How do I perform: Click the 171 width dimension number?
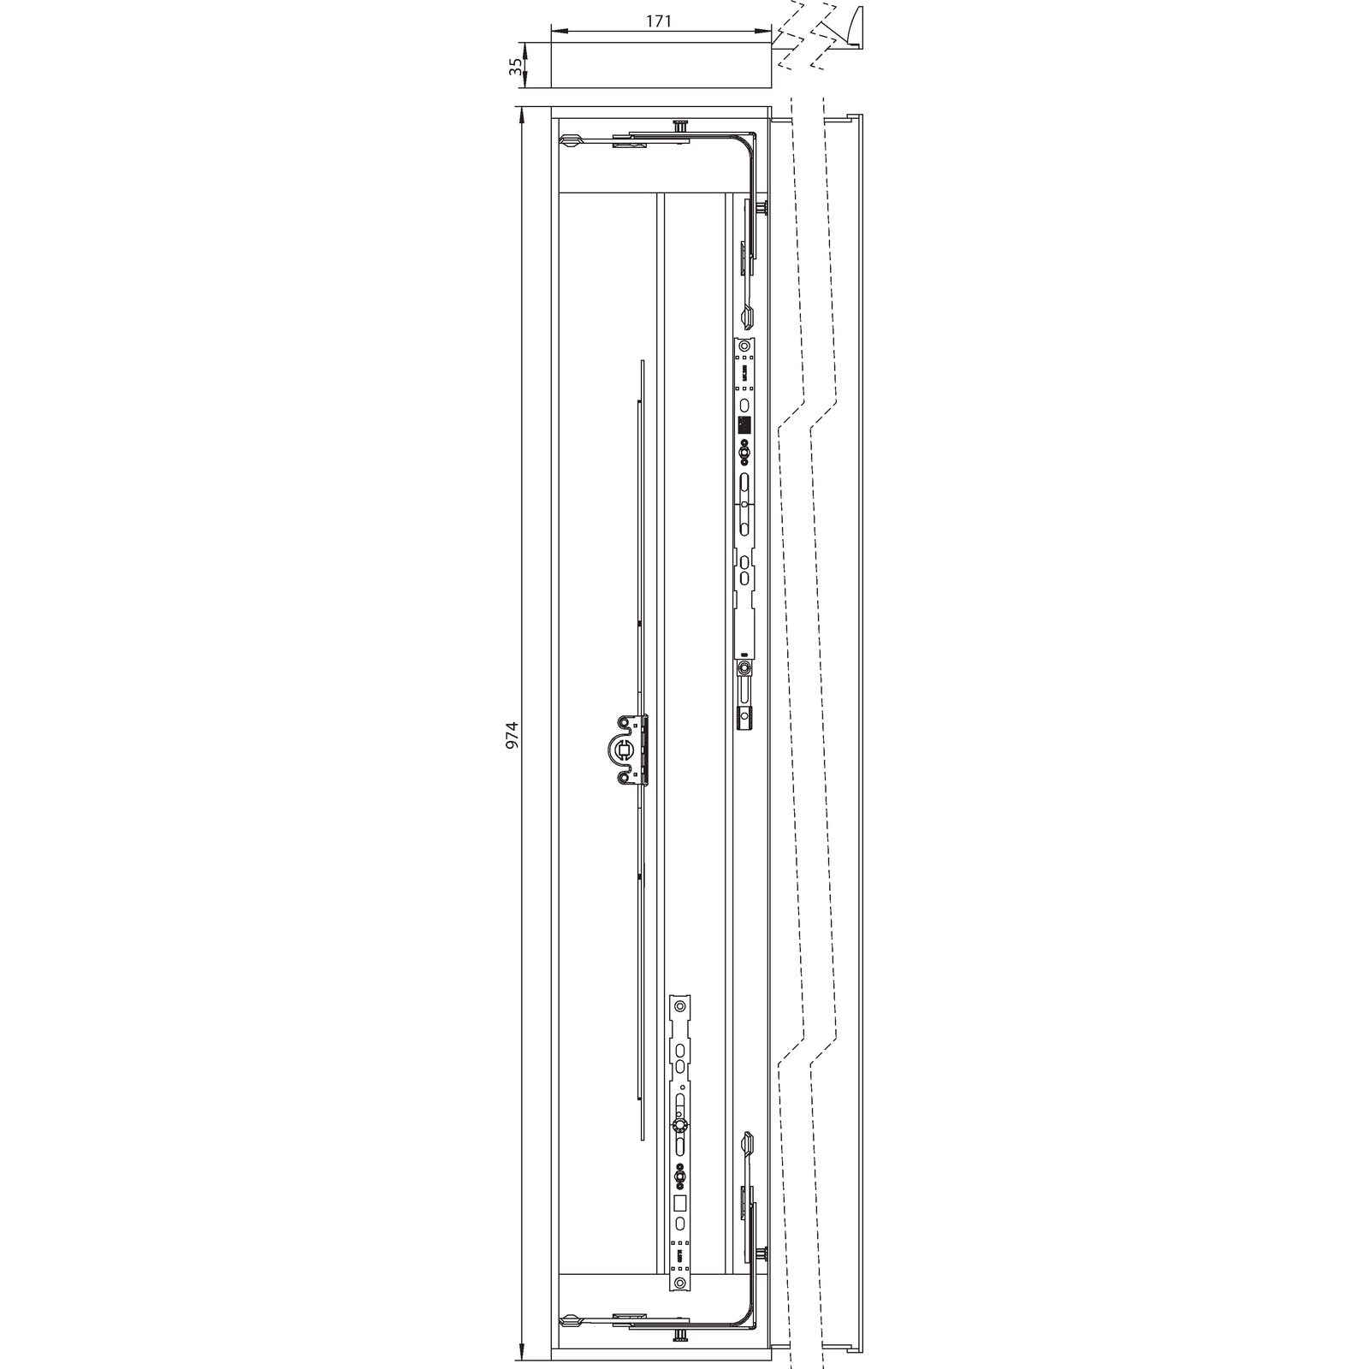click(657, 21)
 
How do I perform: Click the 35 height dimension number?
click(515, 66)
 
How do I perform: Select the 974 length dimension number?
click(512, 736)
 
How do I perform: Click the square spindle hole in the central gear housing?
click(625, 750)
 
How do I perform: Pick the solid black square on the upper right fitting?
click(744, 424)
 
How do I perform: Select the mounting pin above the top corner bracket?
click(680, 126)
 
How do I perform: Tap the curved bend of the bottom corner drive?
click(750, 1323)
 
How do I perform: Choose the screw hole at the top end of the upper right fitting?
click(745, 347)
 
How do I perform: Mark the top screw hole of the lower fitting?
click(681, 1005)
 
